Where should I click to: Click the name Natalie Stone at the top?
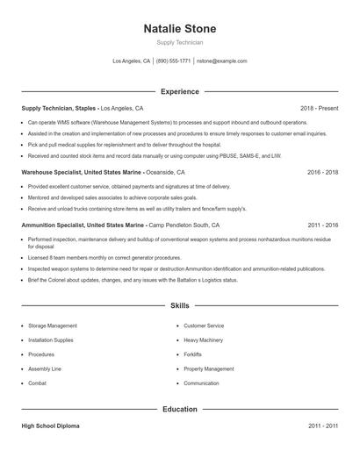click(x=179, y=29)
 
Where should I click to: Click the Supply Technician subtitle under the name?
click(x=179, y=42)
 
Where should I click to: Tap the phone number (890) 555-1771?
click(x=175, y=61)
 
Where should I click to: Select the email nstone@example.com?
click(x=221, y=61)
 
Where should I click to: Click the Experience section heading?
click(x=179, y=91)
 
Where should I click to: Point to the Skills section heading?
click(x=179, y=305)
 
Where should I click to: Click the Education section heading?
click(x=179, y=409)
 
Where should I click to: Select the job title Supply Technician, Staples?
click(x=58, y=108)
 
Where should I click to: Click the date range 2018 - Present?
click(x=319, y=108)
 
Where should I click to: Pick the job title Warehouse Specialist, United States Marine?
click(x=82, y=173)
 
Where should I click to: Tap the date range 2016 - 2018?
click(x=322, y=173)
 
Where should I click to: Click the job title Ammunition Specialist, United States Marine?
click(x=83, y=225)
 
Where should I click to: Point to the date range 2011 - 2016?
click(x=322, y=225)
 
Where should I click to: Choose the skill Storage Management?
click(x=53, y=325)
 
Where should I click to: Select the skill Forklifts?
click(x=193, y=354)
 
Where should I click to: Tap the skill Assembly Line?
click(x=45, y=368)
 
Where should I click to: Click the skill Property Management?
click(x=209, y=368)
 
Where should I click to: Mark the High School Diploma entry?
click(x=50, y=426)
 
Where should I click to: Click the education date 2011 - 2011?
click(x=322, y=426)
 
